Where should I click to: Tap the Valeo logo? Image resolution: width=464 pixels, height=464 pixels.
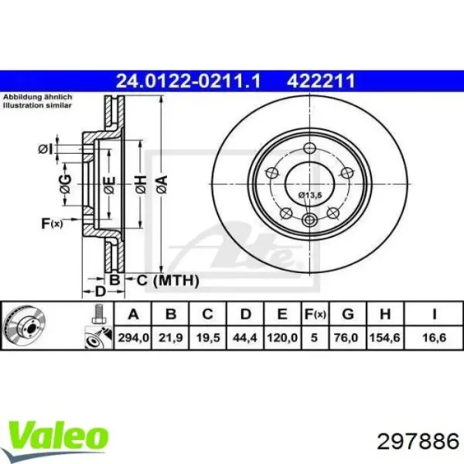[x=58, y=434]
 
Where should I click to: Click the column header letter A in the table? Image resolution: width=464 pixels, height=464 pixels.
[x=133, y=314]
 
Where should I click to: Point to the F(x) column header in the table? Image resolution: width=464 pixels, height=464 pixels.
[x=316, y=314]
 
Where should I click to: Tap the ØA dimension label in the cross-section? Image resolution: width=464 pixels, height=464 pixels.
[x=162, y=184]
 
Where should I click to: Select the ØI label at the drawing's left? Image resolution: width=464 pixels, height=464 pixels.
[x=46, y=148]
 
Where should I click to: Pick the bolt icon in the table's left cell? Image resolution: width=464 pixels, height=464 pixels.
[x=96, y=315]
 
